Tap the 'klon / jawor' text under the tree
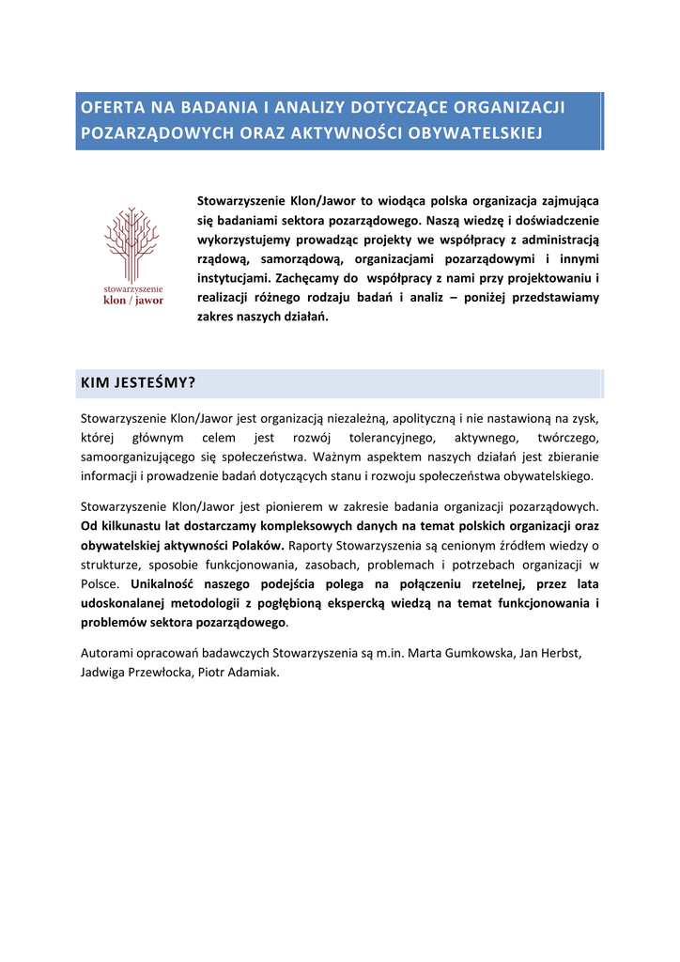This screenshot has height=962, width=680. (x=132, y=301)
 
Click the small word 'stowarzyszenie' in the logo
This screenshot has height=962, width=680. (x=132, y=288)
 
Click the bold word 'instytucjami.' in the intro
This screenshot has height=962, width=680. (x=234, y=278)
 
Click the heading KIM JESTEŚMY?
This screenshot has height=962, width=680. (x=138, y=383)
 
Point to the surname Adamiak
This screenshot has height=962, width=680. (x=251, y=673)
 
